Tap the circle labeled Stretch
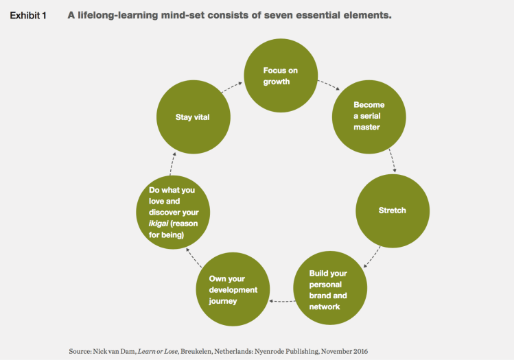point(392,210)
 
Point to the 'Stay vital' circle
point(191,117)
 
